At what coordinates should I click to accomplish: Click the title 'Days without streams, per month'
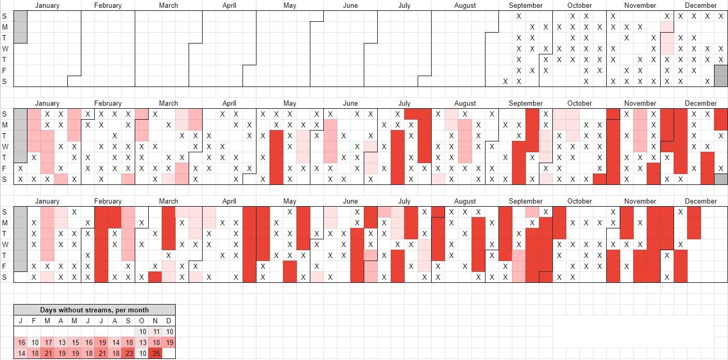(94, 310)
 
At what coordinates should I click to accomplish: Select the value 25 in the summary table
(155, 353)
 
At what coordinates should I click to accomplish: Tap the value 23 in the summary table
(129, 353)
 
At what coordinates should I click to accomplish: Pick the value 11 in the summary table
(155, 332)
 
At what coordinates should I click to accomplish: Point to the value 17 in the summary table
(48, 342)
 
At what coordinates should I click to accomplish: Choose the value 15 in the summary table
(75, 342)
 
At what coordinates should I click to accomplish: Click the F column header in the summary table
(34, 321)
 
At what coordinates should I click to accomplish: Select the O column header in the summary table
(142, 321)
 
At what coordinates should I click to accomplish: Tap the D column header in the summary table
(169, 321)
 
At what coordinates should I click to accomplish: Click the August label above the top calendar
(465, 6)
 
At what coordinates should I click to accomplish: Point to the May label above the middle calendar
(290, 104)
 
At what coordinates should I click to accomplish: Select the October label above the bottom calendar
(579, 201)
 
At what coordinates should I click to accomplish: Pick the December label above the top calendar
(701, 6)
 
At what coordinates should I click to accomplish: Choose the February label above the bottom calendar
(108, 201)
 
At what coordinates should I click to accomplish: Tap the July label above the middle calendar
(404, 104)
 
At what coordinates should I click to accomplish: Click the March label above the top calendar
(168, 6)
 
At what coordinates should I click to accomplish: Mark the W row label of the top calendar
(5, 49)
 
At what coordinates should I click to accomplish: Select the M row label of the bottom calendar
(5, 223)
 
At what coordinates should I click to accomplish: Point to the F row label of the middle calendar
(5, 168)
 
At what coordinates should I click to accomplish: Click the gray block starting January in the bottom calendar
(20, 238)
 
